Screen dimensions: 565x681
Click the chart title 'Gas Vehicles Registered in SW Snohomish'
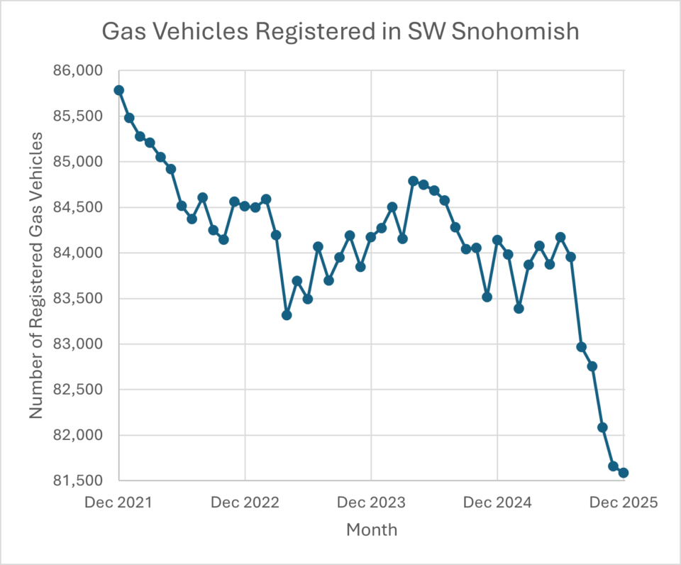tap(340, 31)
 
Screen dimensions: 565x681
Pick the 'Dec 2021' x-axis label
tap(118, 503)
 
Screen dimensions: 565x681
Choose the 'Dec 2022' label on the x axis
tap(245, 503)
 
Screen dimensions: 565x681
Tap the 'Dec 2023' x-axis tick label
tap(371, 503)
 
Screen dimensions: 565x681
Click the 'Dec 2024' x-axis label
tap(497, 503)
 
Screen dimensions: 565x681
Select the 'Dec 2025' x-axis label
tap(624, 503)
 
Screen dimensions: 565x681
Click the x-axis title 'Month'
tap(372, 530)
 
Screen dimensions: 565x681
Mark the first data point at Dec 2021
tap(118, 90)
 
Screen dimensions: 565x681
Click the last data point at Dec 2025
tap(624, 473)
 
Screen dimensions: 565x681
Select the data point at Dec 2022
tap(245, 206)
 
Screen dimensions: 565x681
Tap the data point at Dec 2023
tap(371, 237)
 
